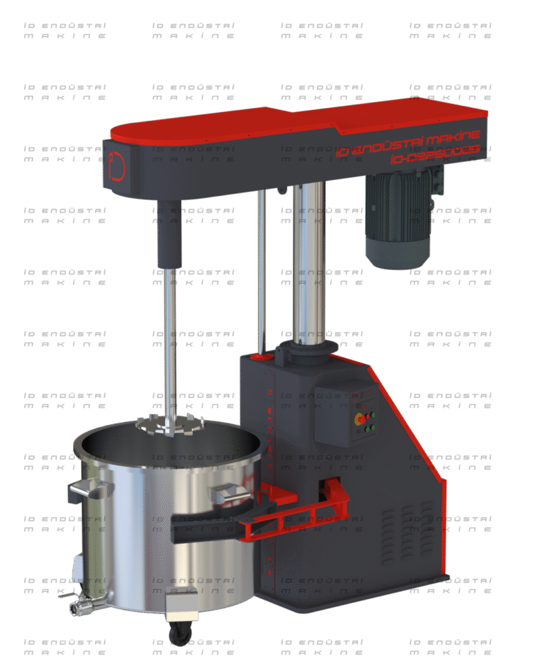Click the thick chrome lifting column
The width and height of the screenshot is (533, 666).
pos(308,260)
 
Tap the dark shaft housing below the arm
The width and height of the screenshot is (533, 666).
pos(169,234)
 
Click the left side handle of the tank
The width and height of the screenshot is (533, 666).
pos(87,491)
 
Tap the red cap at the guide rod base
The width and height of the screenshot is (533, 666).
pos(262,357)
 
